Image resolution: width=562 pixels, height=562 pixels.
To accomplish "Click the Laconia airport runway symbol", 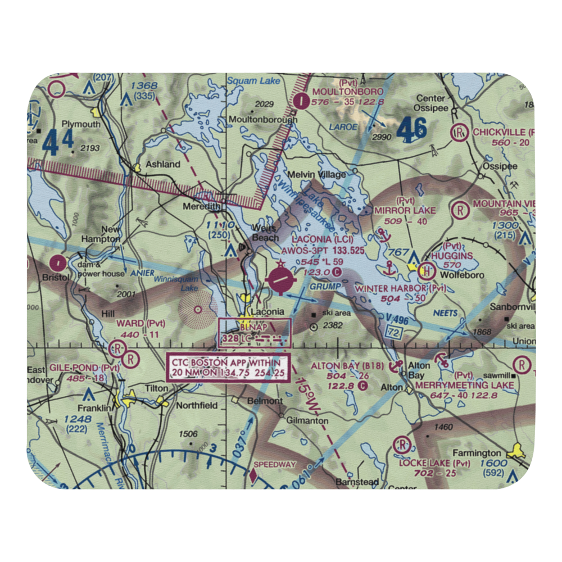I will pos(281,280).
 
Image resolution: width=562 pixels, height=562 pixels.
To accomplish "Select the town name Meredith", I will pos(201,207).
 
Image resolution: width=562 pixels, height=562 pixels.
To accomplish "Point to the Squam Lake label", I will pos(250,81).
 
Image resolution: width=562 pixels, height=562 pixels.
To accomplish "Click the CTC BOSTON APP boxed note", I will pos(229,367).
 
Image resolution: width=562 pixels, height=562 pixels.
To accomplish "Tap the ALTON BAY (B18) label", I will pos(347,366).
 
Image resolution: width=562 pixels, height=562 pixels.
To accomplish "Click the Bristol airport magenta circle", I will pos(58,262).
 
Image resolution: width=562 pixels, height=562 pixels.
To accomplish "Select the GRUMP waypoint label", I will pos(325,287).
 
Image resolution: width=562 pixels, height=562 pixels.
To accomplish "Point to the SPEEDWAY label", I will pos(275,465).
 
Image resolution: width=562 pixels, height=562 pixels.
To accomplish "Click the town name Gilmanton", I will pos(307,420).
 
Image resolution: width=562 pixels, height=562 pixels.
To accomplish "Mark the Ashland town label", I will pos(163,165).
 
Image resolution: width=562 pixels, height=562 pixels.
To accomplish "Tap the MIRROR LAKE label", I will pos(405,210).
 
